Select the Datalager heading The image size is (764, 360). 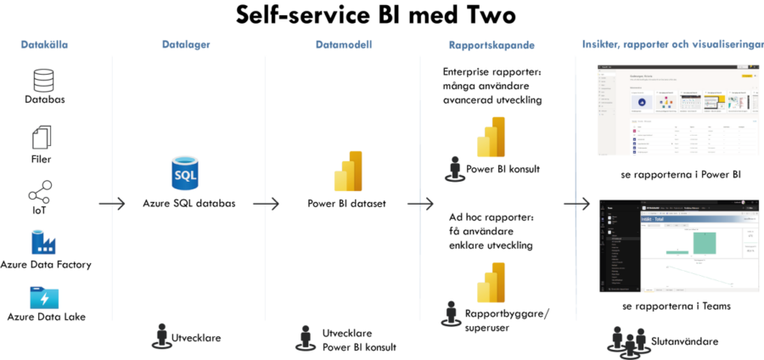(x=184, y=45)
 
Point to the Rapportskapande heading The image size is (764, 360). (x=492, y=45)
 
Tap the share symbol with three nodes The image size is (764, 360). (x=39, y=194)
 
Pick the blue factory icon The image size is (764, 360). (x=42, y=242)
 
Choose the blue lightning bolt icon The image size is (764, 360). (x=44, y=298)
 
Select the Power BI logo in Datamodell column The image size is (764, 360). (x=349, y=172)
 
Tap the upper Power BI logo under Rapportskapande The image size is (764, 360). (x=491, y=137)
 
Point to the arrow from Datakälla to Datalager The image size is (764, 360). (x=111, y=204)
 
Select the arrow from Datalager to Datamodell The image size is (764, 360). (x=266, y=204)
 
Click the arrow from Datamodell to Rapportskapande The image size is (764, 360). (x=420, y=204)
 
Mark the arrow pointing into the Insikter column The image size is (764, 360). (x=576, y=204)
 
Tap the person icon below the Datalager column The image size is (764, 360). (x=161, y=336)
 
